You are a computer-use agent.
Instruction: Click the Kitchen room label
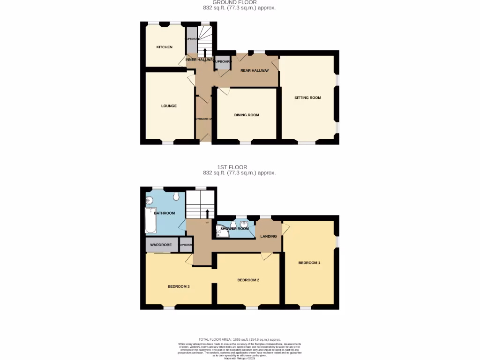(x=164, y=47)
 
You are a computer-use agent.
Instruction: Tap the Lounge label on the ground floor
(x=169, y=106)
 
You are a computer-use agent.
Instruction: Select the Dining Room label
(x=247, y=115)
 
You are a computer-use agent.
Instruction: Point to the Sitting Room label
(x=307, y=97)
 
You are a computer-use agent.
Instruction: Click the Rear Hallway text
(x=255, y=71)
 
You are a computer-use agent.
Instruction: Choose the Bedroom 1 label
(x=309, y=262)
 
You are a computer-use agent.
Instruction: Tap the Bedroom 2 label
(x=248, y=280)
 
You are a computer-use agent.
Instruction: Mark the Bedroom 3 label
(x=179, y=286)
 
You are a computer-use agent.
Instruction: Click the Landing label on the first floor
(x=269, y=236)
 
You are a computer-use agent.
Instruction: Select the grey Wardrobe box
(x=160, y=245)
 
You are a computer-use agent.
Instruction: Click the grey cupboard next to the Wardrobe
(x=186, y=245)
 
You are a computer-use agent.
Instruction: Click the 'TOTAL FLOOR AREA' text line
(x=239, y=339)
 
